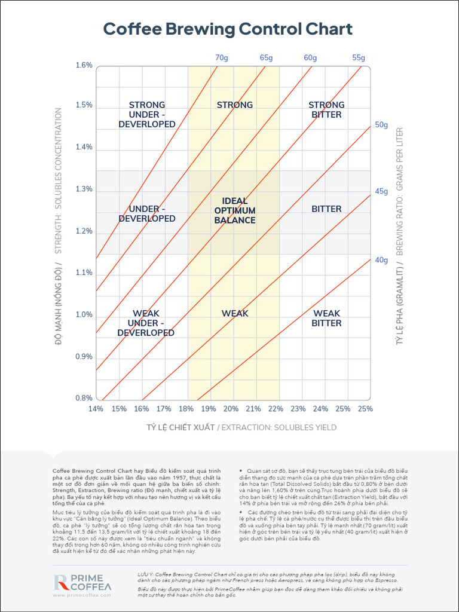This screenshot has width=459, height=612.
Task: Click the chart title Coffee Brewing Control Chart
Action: [228, 29]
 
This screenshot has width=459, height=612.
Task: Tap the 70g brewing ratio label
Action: [221, 58]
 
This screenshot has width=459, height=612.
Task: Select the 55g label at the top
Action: [358, 58]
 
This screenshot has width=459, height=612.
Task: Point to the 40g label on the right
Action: [381, 260]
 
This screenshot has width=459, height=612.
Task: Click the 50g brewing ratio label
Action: [381, 125]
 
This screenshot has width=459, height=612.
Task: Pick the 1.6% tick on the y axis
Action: [84, 65]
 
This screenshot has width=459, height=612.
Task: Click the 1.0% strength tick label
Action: [84, 315]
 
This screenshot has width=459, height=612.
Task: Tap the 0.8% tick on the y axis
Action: [84, 398]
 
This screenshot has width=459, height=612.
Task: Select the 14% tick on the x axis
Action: [96, 409]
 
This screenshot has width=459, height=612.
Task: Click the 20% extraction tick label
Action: [231, 409]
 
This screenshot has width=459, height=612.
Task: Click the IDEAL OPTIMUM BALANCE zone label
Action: [235, 210]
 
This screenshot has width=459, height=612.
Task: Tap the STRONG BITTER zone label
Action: [326, 109]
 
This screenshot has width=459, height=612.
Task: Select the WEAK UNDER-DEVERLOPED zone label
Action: [146, 323]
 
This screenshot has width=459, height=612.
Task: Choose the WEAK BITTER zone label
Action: [327, 318]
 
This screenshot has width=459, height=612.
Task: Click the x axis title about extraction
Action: [241, 427]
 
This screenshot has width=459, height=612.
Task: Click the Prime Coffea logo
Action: [82, 583]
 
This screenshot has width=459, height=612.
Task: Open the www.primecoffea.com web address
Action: [82, 595]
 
